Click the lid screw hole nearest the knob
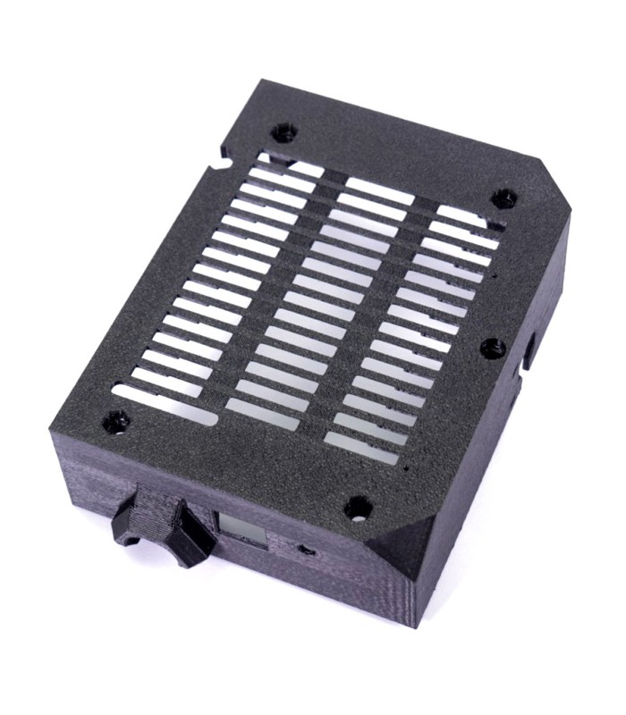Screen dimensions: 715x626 (x=115, y=421)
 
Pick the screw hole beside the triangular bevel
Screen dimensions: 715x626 (x=359, y=508)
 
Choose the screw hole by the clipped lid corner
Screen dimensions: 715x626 (x=503, y=198)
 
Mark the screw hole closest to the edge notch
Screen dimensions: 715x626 (x=284, y=133)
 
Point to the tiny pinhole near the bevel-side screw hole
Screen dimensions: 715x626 (x=408, y=467)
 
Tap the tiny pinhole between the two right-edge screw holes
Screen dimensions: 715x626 (x=495, y=278)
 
